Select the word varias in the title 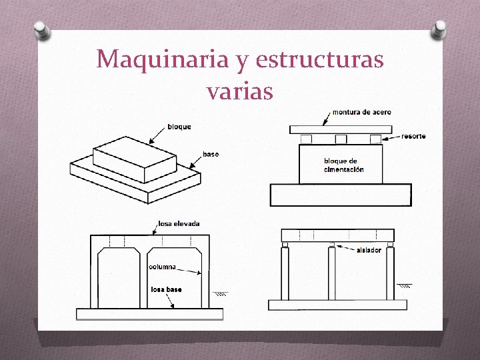click(x=240, y=91)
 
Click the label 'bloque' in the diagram click(x=179, y=127)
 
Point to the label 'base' click(x=211, y=155)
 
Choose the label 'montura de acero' click(x=361, y=112)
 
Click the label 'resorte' click(x=413, y=137)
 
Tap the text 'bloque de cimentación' click(x=344, y=165)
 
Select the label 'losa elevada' click(x=179, y=223)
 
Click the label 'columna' click(x=163, y=267)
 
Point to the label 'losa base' click(x=166, y=290)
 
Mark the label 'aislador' click(x=369, y=250)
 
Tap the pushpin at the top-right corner click(x=440, y=28)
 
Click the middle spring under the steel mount click(x=341, y=139)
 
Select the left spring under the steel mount click(x=307, y=139)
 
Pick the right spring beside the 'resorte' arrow click(x=375, y=139)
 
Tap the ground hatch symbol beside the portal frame click(x=221, y=293)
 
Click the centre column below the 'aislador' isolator click(x=331, y=273)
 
